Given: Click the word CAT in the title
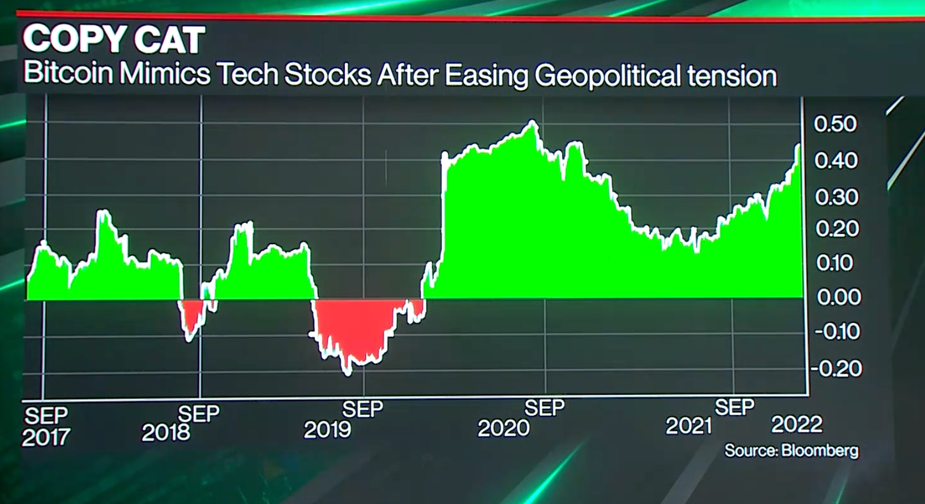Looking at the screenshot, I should pos(170,40).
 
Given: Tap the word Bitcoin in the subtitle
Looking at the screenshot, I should pos(68,73).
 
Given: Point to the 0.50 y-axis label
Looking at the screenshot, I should pos(836,124).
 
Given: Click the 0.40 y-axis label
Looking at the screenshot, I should pos(836,160).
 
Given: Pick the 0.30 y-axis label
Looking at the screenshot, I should pos(837,197).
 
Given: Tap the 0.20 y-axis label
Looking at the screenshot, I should pos(837,229).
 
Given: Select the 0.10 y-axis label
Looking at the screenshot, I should pos(834,263).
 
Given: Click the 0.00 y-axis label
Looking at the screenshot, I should pos(838,297).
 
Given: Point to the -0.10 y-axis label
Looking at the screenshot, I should pos(837,331).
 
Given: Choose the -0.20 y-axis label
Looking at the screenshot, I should pos(836,369).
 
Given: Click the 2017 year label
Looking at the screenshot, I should pos(46,437).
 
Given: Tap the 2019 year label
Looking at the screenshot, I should pos(327,430).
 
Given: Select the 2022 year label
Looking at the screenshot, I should pos(796,424).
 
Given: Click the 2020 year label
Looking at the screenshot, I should pos(503,428).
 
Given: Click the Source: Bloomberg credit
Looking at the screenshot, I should pos(791,451).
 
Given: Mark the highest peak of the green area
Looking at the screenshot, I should pos(532,122).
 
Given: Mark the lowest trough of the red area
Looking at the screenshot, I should pos(348,373).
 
